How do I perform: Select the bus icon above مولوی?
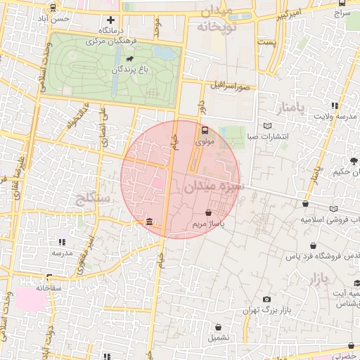pyautogui.click(x=205, y=130)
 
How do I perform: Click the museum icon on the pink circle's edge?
pyautogui.click(x=150, y=223)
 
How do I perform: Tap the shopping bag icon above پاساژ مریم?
pyautogui.click(x=208, y=212)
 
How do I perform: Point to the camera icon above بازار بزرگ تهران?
pyautogui.click(x=266, y=300)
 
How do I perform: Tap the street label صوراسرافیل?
pyautogui.click(x=229, y=86)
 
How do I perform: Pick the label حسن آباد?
pyautogui.click(x=56, y=18)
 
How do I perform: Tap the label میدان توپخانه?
pyautogui.click(x=219, y=20)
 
